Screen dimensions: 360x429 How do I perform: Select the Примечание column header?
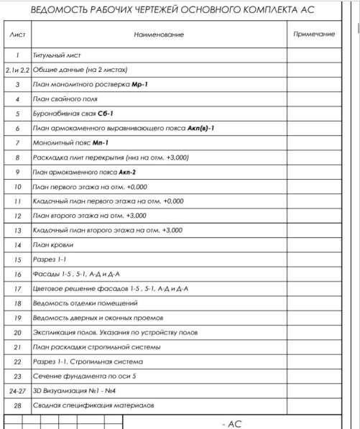click(x=314, y=34)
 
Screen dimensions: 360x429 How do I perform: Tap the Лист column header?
click(x=17, y=34)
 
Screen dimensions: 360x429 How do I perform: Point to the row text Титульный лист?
click(x=57, y=55)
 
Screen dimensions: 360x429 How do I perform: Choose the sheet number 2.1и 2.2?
click(x=17, y=70)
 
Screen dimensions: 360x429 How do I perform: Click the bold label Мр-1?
click(x=139, y=84)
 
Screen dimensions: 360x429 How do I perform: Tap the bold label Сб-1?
click(x=106, y=114)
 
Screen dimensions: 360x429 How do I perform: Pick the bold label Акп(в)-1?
click(x=200, y=128)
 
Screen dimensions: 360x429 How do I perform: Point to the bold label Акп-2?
click(x=126, y=172)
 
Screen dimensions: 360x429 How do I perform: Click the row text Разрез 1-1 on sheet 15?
click(x=50, y=259)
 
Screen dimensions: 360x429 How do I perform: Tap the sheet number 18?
click(x=17, y=303)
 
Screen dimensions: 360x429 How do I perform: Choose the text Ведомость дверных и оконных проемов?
click(x=98, y=317)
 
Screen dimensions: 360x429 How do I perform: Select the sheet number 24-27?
click(x=17, y=390)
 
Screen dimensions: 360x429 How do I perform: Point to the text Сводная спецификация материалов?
click(x=93, y=405)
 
